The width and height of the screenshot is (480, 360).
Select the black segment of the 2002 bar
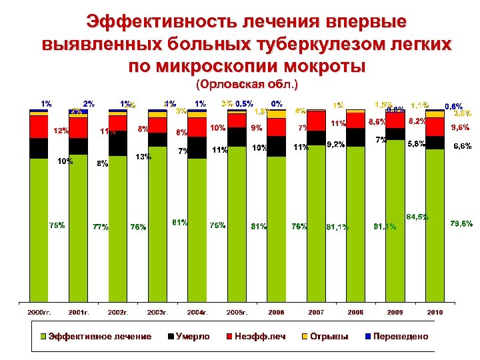click(117, 142)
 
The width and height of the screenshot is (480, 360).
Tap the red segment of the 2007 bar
click(316, 121)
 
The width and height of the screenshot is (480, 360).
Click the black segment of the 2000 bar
click(39, 148)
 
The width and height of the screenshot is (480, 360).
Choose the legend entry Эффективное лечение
click(96, 336)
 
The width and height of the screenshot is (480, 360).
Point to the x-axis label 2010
click(435, 312)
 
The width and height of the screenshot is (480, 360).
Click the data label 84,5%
click(417, 217)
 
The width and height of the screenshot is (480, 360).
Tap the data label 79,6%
click(461, 223)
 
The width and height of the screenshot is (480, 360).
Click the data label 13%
click(143, 157)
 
